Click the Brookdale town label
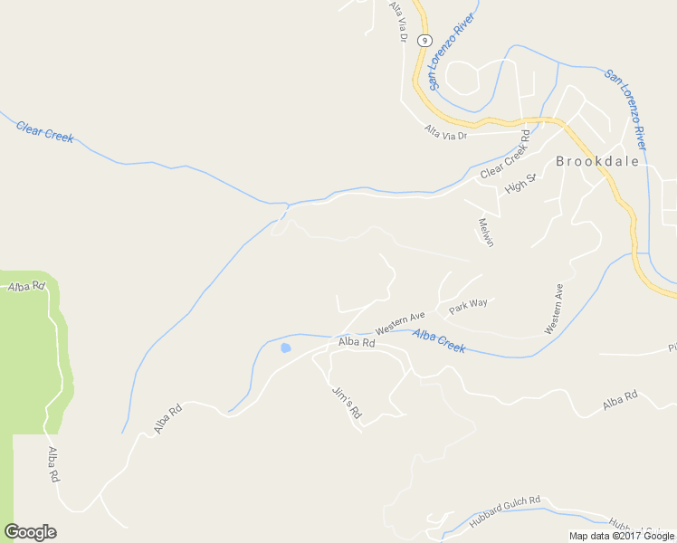pyautogui.click(x=596, y=162)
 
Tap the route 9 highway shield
pyautogui.click(x=424, y=40)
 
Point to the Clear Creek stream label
pyautogui.click(x=44, y=131)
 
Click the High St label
pyautogui.click(x=520, y=184)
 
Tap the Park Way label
pyautogui.click(x=469, y=305)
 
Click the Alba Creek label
pyautogui.click(x=439, y=340)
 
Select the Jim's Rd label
pyautogui.click(x=347, y=402)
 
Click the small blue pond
pyautogui.click(x=286, y=348)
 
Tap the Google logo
pyautogui.click(x=30, y=532)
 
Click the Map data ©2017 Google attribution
pyautogui.click(x=623, y=536)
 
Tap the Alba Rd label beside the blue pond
pyautogui.click(x=357, y=342)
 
